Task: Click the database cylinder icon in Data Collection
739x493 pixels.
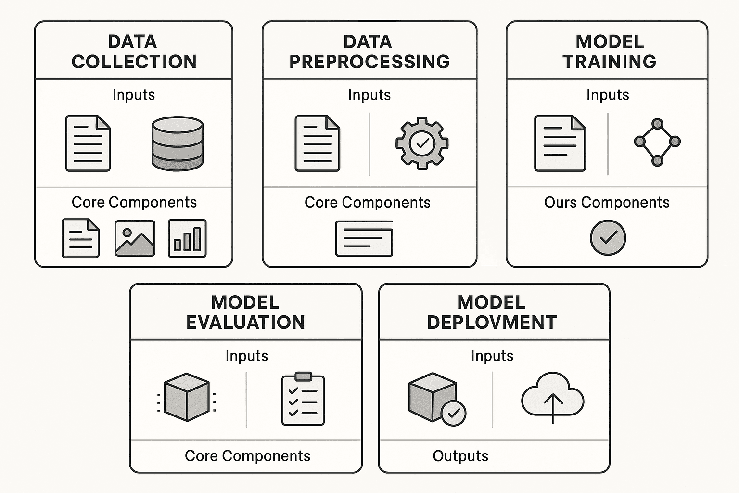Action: click(x=177, y=143)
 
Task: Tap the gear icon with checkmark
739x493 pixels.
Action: click(x=422, y=143)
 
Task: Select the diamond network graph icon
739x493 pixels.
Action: click(x=657, y=142)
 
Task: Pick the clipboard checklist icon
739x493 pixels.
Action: click(x=303, y=399)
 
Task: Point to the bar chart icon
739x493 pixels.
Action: click(x=187, y=238)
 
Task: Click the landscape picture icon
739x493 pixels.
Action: click(x=135, y=238)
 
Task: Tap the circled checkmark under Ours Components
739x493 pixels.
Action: click(x=608, y=237)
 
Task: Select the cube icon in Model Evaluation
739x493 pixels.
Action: click(x=186, y=397)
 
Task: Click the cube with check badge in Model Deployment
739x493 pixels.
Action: click(x=436, y=399)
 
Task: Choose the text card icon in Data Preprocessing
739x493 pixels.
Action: click(x=364, y=238)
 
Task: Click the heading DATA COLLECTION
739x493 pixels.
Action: click(x=134, y=52)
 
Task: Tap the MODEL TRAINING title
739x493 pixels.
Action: click(x=609, y=52)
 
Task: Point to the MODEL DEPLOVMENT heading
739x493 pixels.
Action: click(x=492, y=312)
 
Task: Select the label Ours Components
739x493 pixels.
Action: click(x=606, y=202)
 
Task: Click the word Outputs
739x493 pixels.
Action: click(x=460, y=456)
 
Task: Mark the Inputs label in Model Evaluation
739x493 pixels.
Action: click(x=246, y=356)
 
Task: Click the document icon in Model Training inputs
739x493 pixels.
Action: click(x=560, y=143)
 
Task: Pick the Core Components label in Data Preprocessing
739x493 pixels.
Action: click(x=367, y=202)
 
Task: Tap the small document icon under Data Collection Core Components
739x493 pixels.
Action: click(x=80, y=238)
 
